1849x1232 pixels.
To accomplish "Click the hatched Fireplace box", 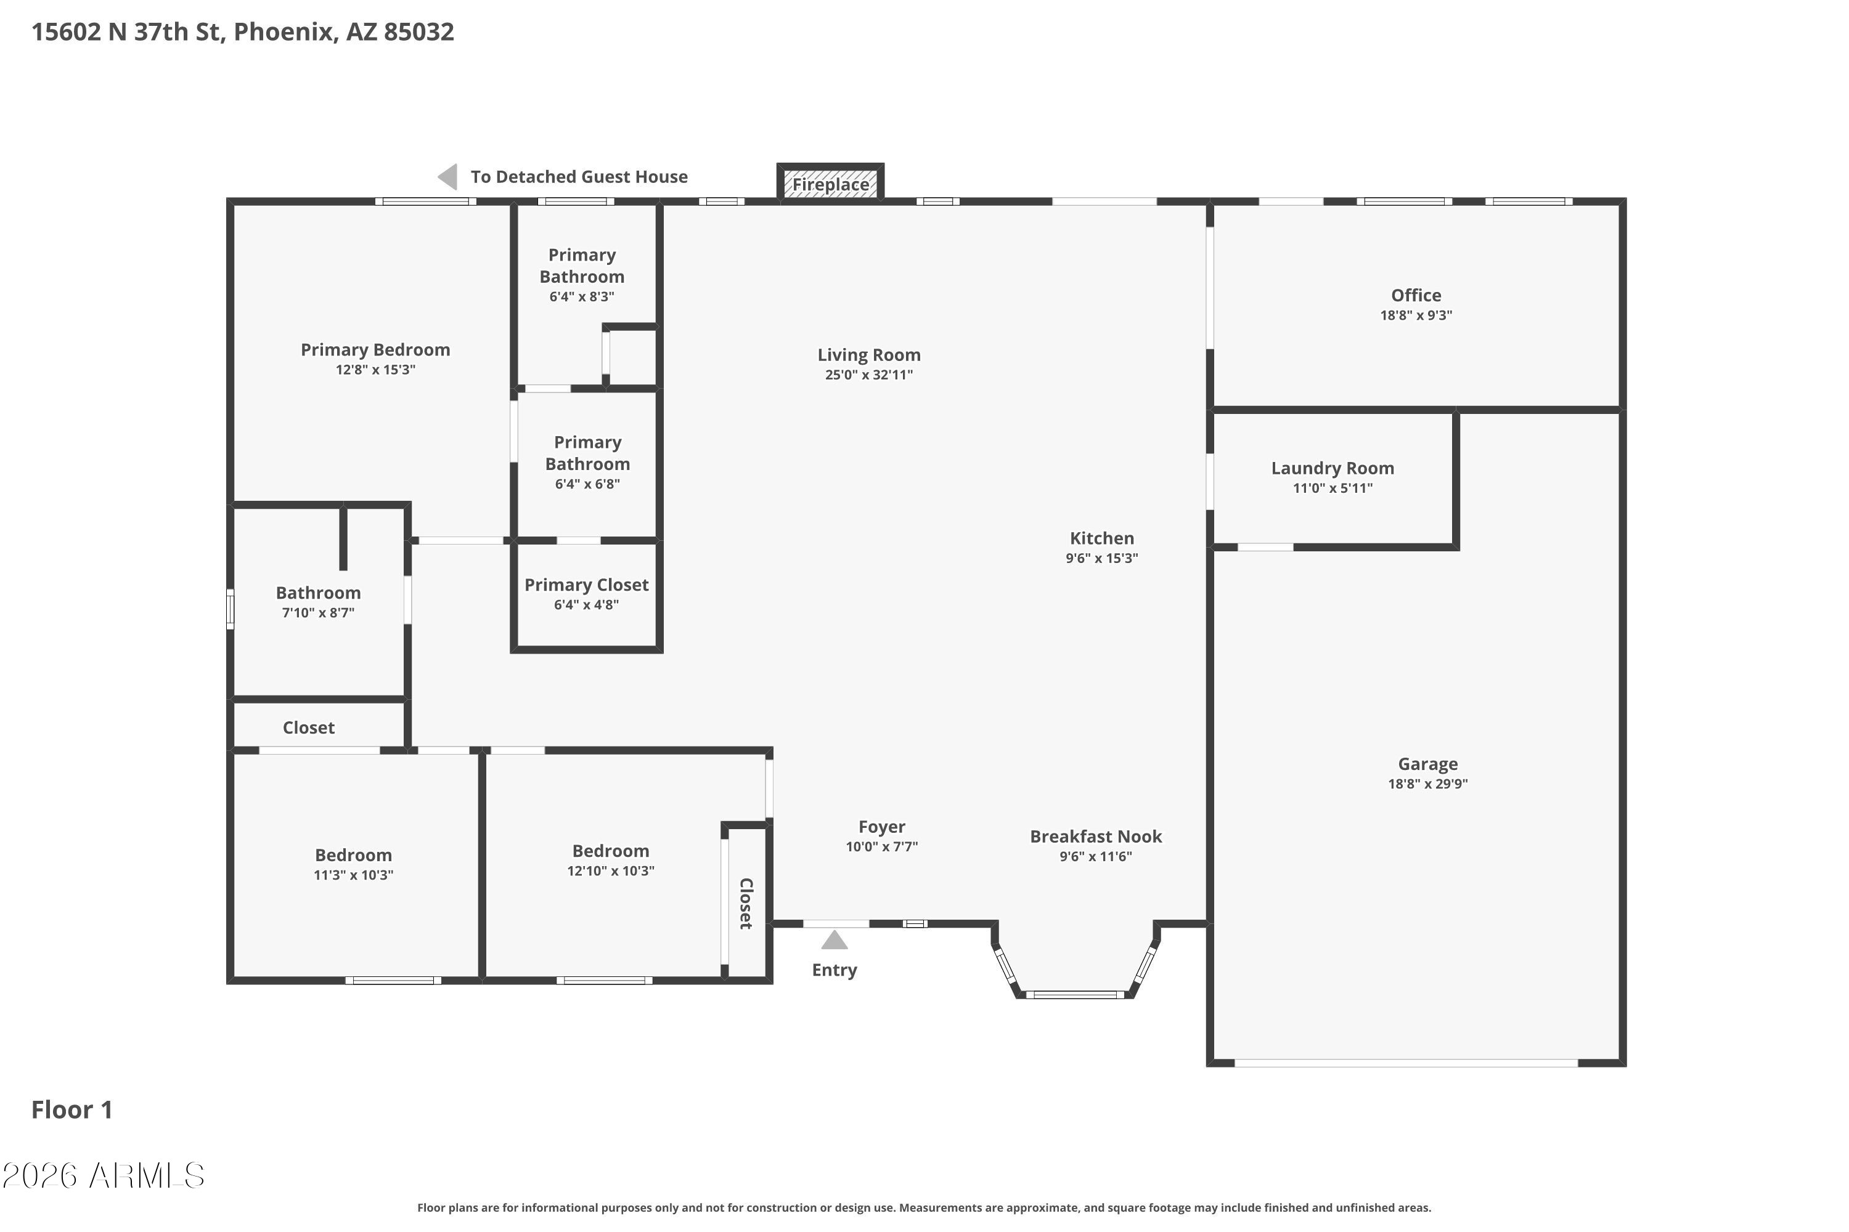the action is [830, 183].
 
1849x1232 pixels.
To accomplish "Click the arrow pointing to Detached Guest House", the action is [447, 177].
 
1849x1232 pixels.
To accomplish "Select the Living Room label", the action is [868, 355].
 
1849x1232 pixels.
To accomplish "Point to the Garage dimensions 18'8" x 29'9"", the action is [1427, 784].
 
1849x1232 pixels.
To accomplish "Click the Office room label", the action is [1416, 296].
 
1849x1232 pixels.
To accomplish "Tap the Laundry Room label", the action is [1333, 468].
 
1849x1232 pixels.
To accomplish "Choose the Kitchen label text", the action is [1101, 538].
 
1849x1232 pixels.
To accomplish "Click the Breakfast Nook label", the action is [1096, 837].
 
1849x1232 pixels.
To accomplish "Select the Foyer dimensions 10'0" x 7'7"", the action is [881, 846].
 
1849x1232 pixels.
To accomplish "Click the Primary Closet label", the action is [587, 585].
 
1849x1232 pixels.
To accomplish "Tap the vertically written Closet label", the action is [746, 904].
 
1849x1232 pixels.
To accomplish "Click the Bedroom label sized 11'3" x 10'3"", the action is [353, 855].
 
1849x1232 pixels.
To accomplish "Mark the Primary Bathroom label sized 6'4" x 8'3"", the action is [582, 265].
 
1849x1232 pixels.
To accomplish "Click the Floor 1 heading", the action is [71, 1109].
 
